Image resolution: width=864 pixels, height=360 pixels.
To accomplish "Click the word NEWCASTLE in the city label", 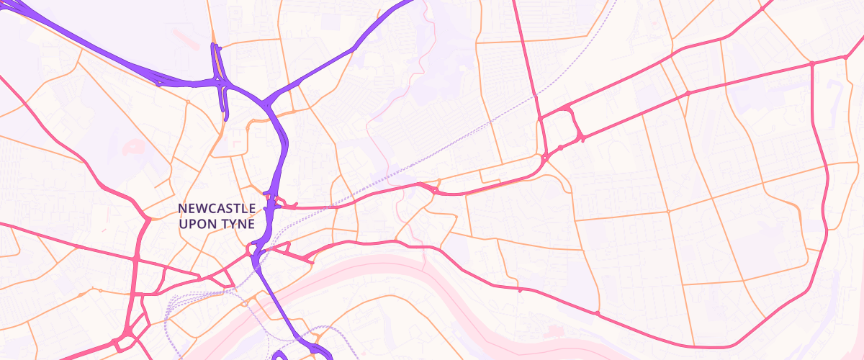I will tap(216, 209).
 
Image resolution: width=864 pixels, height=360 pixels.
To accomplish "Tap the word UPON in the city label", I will tap(194, 224).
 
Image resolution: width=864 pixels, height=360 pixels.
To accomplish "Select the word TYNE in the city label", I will tap(238, 224).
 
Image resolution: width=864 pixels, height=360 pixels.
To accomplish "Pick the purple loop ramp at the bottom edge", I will tap(281, 355).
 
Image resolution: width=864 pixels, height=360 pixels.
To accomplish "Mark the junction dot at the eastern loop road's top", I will tap(811, 64).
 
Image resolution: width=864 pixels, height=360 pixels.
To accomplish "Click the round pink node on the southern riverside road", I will tap(597, 312).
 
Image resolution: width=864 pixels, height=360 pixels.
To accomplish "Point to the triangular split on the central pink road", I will tap(432, 189).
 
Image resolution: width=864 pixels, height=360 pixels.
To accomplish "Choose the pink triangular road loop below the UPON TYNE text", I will tap(253, 250).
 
